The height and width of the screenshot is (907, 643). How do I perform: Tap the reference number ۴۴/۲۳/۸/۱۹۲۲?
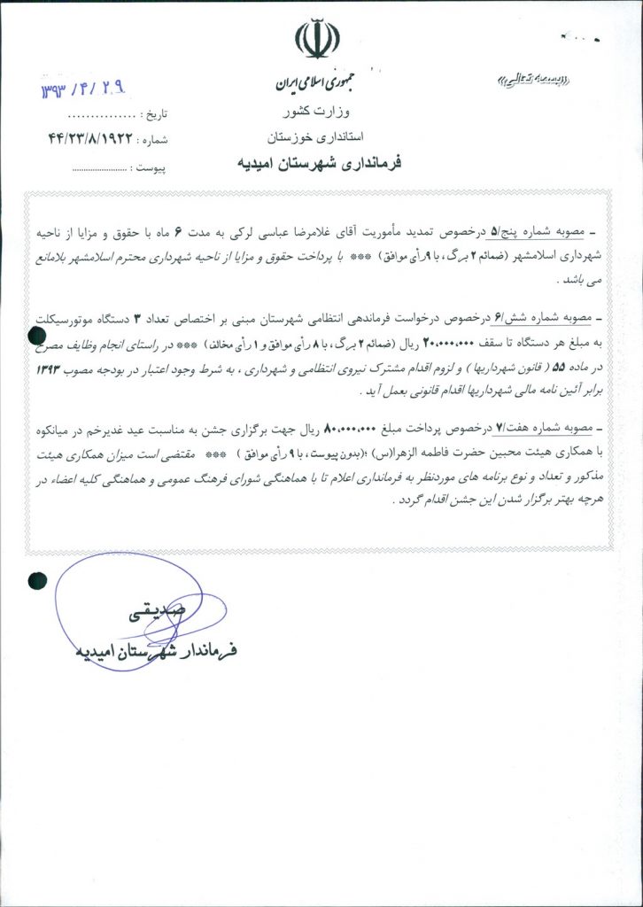[x=89, y=139]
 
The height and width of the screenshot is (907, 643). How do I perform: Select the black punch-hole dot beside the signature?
[x=37, y=580]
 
